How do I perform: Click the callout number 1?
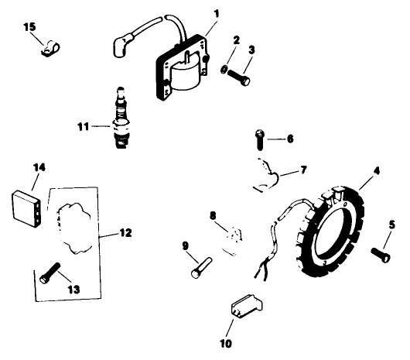click(217, 13)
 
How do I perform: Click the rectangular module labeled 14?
click(26, 204)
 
